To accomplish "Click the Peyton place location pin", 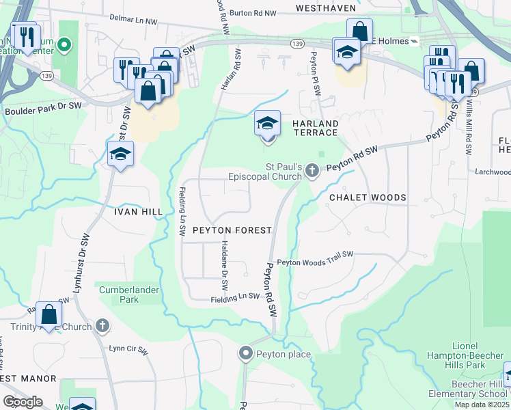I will tap(246, 353).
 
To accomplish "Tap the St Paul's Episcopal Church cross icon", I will tap(312, 170).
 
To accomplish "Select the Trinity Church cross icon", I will tap(102, 325).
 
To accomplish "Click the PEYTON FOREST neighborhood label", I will tap(232, 230).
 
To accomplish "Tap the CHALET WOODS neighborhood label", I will tap(368, 197).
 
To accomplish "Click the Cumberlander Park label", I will tap(129, 295).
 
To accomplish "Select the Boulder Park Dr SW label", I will tap(43, 109).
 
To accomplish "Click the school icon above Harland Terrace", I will tap(267, 124).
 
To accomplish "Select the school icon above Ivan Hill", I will tap(120, 154).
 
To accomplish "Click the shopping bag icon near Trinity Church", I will tap(49, 315).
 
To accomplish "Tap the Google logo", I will tap(22, 402).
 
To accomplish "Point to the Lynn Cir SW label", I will tap(128, 349).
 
